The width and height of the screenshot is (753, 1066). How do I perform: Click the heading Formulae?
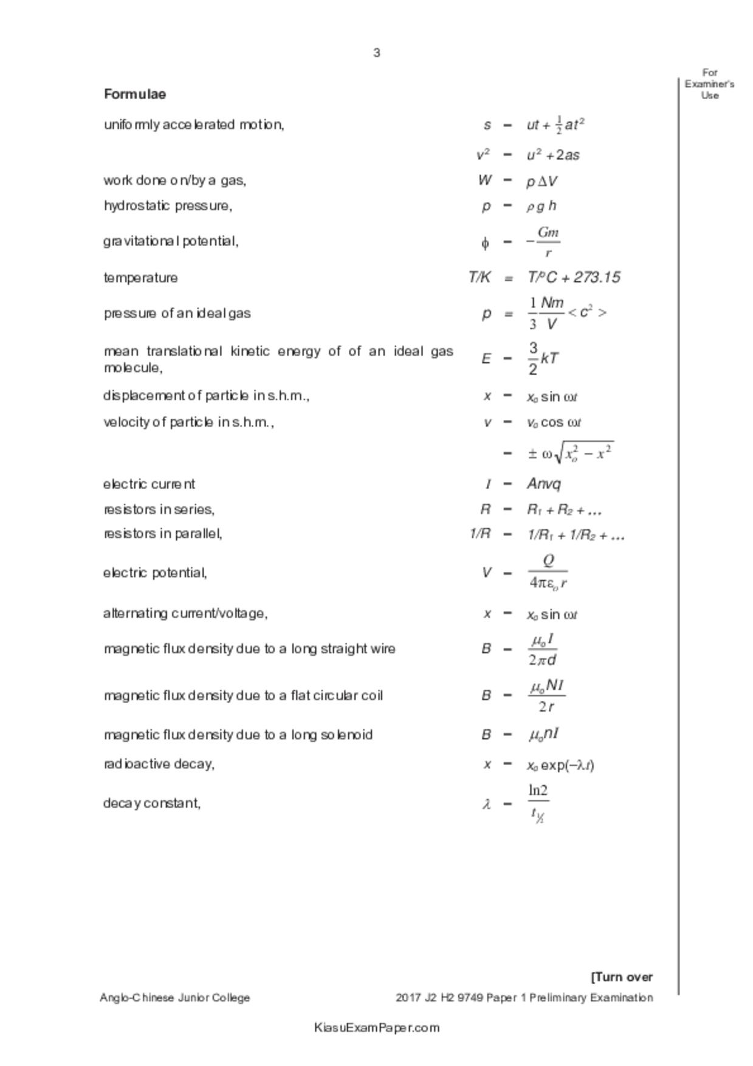click(x=135, y=94)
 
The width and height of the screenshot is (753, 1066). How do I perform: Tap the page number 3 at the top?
click(x=377, y=53)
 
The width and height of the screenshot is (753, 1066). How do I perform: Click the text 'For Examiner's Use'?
click(x=709, y=84)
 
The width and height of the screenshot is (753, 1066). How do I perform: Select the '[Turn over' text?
click(x=622, y=977)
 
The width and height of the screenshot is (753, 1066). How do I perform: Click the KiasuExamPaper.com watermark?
click(x=377, y=1028)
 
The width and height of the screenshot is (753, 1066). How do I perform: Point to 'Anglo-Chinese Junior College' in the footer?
click(x=175, y=998)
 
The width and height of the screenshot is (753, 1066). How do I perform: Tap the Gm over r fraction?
click(x=548, y=242)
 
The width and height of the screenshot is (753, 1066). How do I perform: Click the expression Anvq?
click(x=544, y=484)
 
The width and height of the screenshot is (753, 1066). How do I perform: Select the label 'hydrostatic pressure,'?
click(x=168, y=205)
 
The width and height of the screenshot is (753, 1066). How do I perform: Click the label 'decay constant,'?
click(x=152, y=803)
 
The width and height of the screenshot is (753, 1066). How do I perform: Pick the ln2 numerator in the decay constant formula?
click(x=538, y=791)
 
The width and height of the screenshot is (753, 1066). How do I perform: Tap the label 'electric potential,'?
click(x=155, y=573)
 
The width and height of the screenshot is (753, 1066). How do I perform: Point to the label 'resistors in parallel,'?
click(x=162, y=534)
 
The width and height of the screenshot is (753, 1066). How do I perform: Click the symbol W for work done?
click(x=484, y=181)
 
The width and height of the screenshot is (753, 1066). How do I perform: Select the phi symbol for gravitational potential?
click(x=485, y=243)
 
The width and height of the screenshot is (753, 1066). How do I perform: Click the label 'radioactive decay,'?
click(x=159, y=764)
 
